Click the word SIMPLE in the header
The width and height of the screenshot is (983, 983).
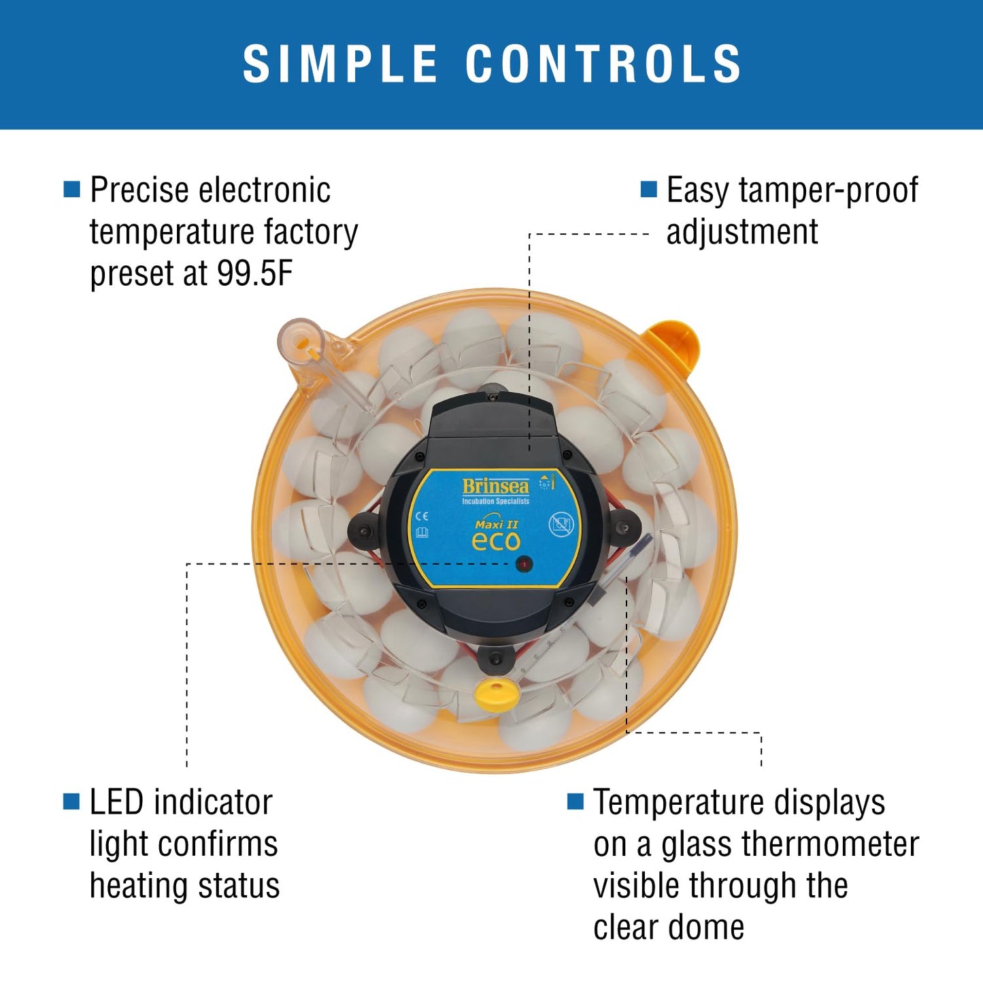tap(340, 64)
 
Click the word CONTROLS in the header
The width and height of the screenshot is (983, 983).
tap(603, 64)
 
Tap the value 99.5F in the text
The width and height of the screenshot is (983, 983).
tap(254, 273)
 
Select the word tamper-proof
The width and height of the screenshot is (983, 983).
tap(828, 190)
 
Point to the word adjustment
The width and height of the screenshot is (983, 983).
tap(742, 232)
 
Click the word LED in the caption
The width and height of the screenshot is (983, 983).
tap(117, 802)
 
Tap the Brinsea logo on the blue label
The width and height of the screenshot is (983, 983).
tap(495, 486)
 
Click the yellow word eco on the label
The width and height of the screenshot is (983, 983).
tap(496, 542)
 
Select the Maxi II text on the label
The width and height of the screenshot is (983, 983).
tap(496, 524)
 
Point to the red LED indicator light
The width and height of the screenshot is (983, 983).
tap(524, 564)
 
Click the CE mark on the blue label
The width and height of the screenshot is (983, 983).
tap(422, 516)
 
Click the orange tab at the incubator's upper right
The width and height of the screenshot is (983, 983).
tap(673, 344)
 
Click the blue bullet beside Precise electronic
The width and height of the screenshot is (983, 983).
tap(71, 189)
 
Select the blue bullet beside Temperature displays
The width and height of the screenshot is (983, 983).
tap(576, 801)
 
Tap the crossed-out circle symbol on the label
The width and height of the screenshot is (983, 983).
tap(561, 524)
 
